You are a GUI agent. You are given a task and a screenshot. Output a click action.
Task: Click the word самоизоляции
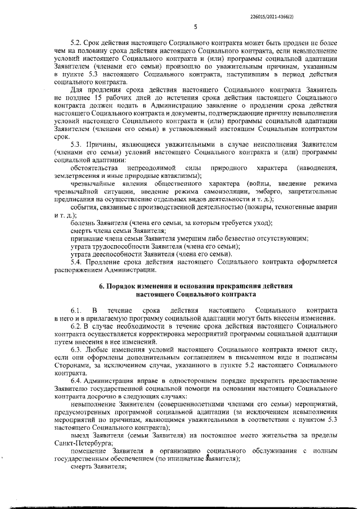click(226, 192)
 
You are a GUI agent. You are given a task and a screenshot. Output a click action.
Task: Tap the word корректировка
click(175, 334)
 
